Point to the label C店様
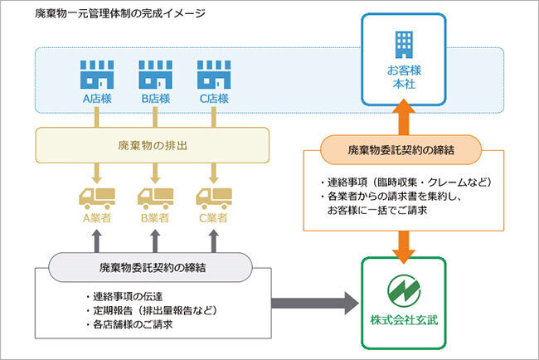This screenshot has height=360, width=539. (x=213, y=100)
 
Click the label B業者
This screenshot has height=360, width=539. (x=155, y=218)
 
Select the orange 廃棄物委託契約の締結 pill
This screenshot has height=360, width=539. (x=404, y=150)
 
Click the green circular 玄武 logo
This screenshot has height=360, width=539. (x=403, y=290)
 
